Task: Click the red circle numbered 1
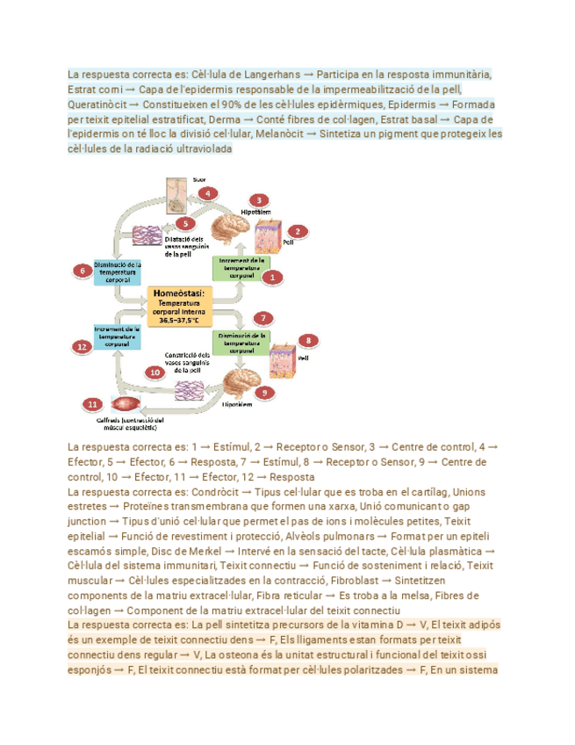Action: pos(273,277)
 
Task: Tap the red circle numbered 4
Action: pos(207,192)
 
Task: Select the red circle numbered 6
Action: pos(83,270)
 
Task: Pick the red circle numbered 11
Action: pos(92,403)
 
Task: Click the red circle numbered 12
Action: pos(82,347)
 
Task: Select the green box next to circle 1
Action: pos(241,268)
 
